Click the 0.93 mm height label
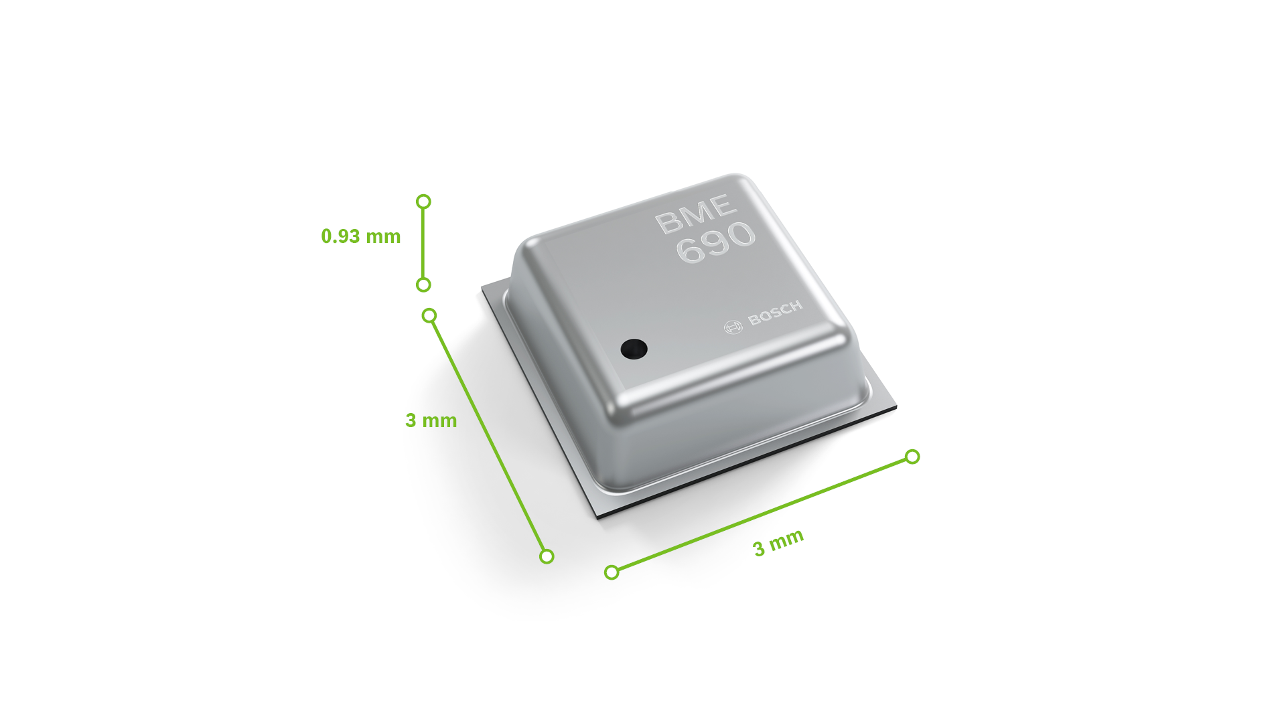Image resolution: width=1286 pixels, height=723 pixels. coord(360,236)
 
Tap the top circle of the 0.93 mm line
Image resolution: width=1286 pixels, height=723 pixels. coord(423,202)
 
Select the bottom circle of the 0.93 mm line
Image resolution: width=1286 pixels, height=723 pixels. coord(423,285)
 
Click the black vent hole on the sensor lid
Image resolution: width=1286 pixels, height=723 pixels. coord(634,349)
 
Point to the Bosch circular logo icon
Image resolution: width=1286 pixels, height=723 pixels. coord(733,327)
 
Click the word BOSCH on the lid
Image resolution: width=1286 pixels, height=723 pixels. coord(775,313)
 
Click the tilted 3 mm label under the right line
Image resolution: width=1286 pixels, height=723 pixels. coord(778,543)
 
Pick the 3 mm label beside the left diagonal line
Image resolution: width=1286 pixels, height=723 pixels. coord(431,420)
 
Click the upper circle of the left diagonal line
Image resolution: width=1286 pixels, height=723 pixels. coord(429,315)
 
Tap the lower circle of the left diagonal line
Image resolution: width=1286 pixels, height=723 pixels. coord(547,556)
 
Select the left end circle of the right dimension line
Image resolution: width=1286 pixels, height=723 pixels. coord(612,572)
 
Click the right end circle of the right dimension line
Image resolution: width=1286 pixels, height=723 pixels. coord(912,457)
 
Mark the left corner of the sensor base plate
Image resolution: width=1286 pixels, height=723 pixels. coord(483,289)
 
